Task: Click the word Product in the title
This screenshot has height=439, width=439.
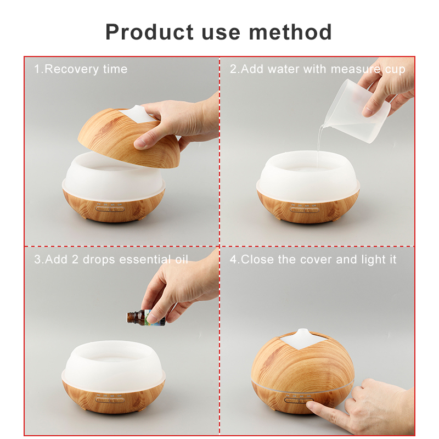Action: tap(149, 32)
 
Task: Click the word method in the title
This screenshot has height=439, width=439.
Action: tap(290, 32)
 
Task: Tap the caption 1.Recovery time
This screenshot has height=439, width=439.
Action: tap(81, 69)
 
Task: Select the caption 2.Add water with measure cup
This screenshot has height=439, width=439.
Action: tap(318, 69)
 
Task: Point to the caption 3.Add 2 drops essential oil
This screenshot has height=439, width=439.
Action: tap(111, 260)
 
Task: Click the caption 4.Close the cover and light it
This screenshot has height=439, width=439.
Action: tap(313, 260)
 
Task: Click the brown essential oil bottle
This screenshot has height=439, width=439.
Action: tap(146, 318)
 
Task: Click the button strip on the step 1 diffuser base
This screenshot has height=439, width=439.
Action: tap(110, 209)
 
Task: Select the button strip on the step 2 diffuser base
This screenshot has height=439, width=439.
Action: tap(305, 210)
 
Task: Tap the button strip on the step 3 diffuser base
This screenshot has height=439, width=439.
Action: tap(110, 401)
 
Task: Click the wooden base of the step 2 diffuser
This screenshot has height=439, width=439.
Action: tap(308, 207)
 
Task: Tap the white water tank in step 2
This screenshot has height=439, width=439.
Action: tap(308, 173)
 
